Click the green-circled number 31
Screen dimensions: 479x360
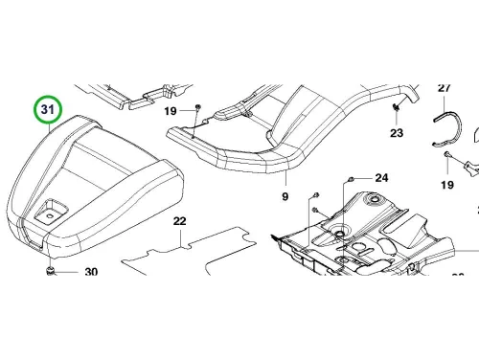tap(48, 109)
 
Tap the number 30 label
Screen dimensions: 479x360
tap(91, 272)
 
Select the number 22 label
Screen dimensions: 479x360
tap(179, 221)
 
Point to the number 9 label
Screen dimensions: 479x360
tap(285, 196)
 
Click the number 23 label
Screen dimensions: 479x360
tap(397, 133)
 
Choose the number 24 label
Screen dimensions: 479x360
tap(381, 178)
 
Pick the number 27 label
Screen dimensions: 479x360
tap(444, 88)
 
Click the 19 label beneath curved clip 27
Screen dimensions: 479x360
tap(447, 185)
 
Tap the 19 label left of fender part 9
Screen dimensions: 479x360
tap(171, 111)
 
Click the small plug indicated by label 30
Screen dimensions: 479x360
tap(50, 271)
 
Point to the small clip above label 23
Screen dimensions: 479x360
tap(397, 108)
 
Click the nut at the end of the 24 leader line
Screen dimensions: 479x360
tap(350, 179)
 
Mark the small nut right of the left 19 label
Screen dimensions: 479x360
tap(197, 107)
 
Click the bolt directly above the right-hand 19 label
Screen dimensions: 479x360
tap(446, 155)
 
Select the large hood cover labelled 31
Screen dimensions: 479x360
tap(96, 189)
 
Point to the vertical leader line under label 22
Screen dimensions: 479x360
tap(181, 236)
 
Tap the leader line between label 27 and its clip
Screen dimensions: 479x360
tap(445, 102)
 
